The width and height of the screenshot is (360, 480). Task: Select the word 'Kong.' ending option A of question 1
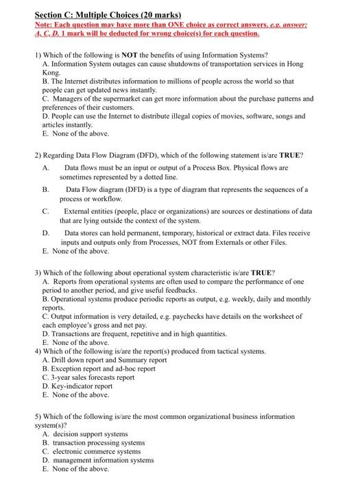[x=51, y=71]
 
